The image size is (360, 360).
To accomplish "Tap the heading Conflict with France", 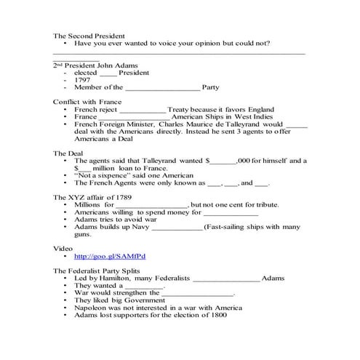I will click(87, 101).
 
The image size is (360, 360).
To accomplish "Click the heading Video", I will click(63, 249).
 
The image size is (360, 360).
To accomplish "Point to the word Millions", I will click(89, 205).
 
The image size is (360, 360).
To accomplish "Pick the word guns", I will click(83, 235).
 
